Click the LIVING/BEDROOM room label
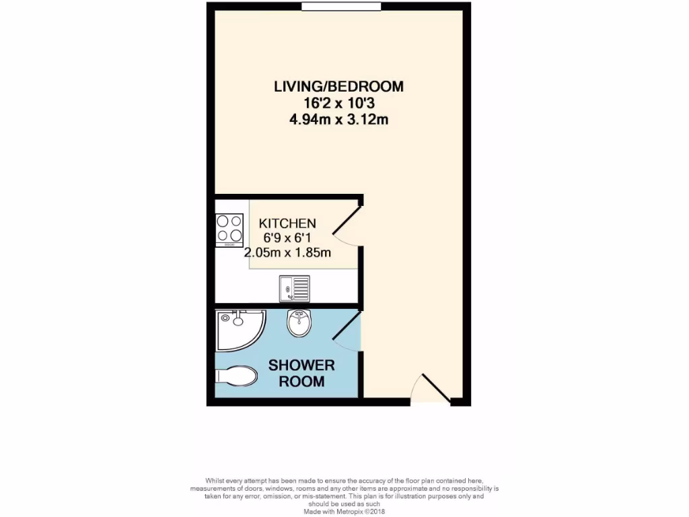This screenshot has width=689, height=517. pyautogui.click(x=338, y=86)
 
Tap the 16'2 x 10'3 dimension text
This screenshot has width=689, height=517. pyautogui.click(x=338, y=103)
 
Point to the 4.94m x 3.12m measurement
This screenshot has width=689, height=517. pyautogui.click(x=338, y=120)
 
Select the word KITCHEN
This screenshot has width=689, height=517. pyautogui.click(x=288, y=223)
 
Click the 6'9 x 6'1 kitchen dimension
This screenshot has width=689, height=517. pyautogui.click(x=288, y=238)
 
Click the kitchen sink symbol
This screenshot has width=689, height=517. pyautogui.click(x=294, y=289)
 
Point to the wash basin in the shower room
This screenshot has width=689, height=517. pyautogui.click(x=298, y=324)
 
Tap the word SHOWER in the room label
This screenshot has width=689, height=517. pyautogui.click(x=301, y=366)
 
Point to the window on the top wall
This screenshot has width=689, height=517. pyautogui.click(x=342, y=7)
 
